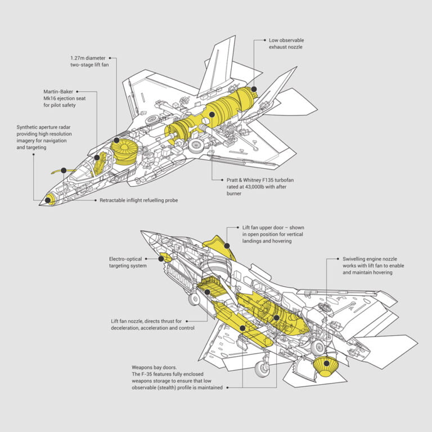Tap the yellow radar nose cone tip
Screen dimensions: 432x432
49,199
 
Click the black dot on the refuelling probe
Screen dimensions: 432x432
64,170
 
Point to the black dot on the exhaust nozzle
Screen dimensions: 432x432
254,89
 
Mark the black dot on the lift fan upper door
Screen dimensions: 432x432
227,246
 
